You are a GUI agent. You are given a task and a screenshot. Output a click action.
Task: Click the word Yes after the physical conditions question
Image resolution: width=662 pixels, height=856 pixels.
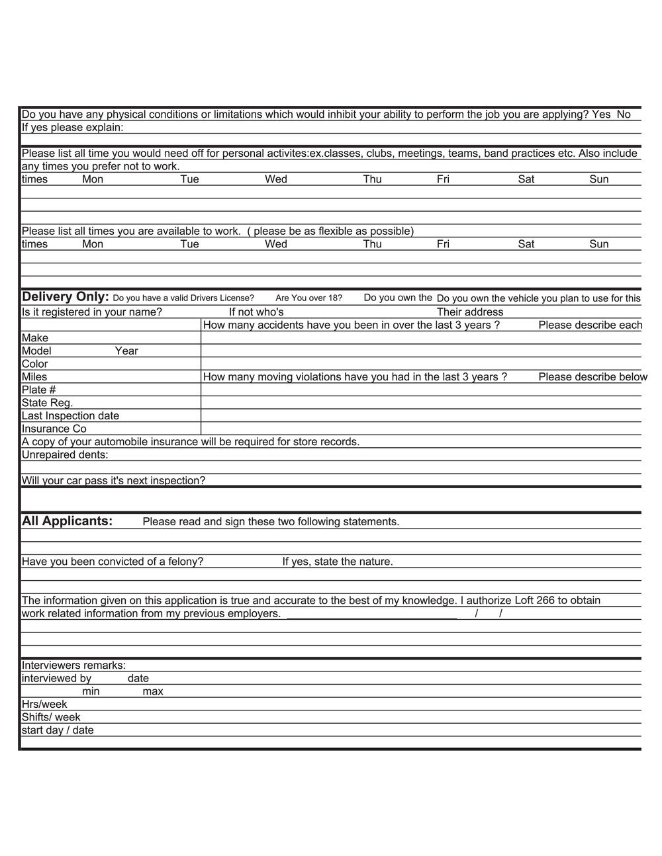pos(601,114)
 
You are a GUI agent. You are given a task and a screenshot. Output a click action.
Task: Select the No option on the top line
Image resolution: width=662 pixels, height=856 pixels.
pos(624,114)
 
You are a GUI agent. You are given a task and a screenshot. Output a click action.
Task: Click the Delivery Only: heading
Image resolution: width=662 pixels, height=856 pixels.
pos(65,296)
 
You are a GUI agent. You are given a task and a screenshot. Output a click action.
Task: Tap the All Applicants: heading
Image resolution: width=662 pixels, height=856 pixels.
pos(67,521)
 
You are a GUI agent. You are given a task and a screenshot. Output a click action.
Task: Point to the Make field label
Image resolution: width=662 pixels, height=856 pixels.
pos(35,338)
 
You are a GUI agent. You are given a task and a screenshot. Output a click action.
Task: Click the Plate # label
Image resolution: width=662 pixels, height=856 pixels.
pos(38,390)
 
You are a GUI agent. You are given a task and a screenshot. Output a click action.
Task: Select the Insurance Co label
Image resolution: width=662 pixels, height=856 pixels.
pos(54,429)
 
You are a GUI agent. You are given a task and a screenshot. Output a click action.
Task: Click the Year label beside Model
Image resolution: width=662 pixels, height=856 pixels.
pos(126,351)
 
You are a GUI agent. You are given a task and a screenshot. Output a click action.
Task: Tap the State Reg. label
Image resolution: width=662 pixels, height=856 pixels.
pos(47,403)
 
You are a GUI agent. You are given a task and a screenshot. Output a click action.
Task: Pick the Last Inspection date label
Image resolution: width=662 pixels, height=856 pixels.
pos(70,416)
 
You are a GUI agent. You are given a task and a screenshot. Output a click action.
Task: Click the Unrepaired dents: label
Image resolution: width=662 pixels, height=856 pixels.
pos(65,455)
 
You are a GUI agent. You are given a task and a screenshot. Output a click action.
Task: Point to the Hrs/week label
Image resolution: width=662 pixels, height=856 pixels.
pos(44,705)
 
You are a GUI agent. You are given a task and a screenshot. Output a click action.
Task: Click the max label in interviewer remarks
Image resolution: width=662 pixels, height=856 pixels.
pos(153,692)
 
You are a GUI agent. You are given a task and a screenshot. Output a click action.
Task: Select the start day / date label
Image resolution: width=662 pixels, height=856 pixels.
pos(58,730)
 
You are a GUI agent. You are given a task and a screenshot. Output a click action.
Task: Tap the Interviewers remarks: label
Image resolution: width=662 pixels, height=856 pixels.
pos(73,665)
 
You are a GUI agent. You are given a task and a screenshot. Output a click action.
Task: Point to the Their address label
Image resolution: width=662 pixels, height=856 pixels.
pos(469,312)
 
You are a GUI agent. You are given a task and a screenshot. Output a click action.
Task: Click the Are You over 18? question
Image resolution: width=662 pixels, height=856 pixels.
pos(308,298)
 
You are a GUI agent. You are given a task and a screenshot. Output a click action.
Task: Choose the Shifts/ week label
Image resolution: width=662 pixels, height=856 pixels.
pos(51,718)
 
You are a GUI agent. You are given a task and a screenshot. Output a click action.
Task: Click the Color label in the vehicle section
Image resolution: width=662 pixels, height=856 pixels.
pos(34,364)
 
